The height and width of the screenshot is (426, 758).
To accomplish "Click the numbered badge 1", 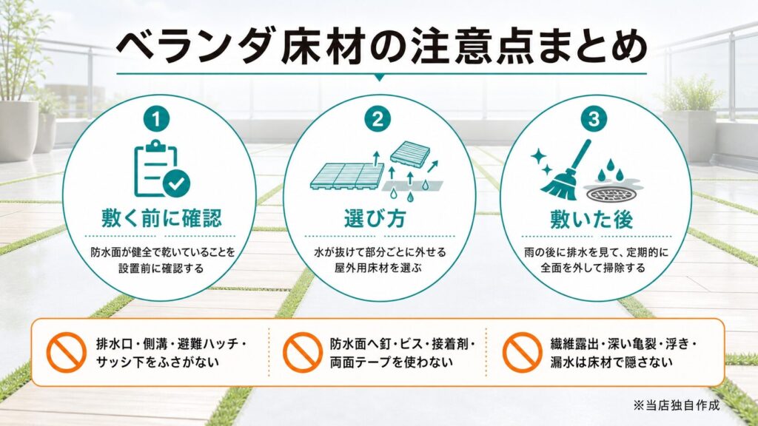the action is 156,119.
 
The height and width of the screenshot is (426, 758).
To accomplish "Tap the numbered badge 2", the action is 378,119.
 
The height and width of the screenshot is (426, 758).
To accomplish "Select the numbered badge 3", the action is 594,119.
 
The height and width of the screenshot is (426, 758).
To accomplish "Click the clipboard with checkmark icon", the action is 161,169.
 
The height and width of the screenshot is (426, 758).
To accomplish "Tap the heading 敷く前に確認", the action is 161,218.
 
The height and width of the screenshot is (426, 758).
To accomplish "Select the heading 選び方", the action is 375,218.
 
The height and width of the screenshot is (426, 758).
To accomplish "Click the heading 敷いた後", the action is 591,219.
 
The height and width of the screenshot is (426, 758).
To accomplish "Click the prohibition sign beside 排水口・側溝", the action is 66,353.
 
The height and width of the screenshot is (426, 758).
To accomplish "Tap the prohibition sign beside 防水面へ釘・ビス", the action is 303,353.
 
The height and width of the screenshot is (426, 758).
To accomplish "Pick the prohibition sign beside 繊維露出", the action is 522,353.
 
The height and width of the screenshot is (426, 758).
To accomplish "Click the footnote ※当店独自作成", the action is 677,405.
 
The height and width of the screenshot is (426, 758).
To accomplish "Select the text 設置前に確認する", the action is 161,268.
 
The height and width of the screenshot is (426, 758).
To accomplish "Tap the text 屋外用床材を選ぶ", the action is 378,267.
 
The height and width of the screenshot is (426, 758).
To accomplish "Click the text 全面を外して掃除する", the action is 593,268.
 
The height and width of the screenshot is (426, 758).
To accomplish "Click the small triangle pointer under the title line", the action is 380,77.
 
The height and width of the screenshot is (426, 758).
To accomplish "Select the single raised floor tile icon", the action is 410,153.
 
